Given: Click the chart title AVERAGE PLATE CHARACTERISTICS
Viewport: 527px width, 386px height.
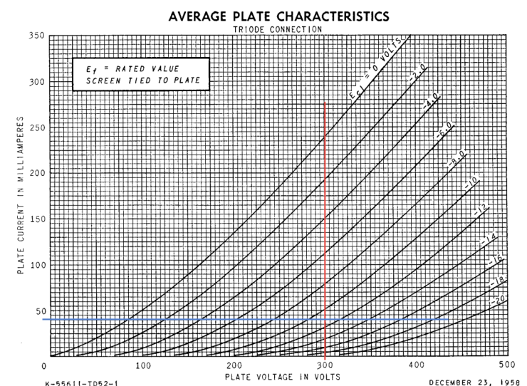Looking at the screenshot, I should point(278,15).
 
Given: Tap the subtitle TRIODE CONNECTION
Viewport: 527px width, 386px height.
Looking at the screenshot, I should point(278,29).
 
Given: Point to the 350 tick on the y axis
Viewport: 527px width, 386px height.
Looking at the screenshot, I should point(36,36).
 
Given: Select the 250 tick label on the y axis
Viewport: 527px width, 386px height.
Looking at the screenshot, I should point(36,127).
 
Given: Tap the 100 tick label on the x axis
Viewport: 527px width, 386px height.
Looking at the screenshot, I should point(144,365).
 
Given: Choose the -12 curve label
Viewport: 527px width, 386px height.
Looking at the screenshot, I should point(482,212).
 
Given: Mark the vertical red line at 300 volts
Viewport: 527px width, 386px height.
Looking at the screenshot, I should point(325,228).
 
